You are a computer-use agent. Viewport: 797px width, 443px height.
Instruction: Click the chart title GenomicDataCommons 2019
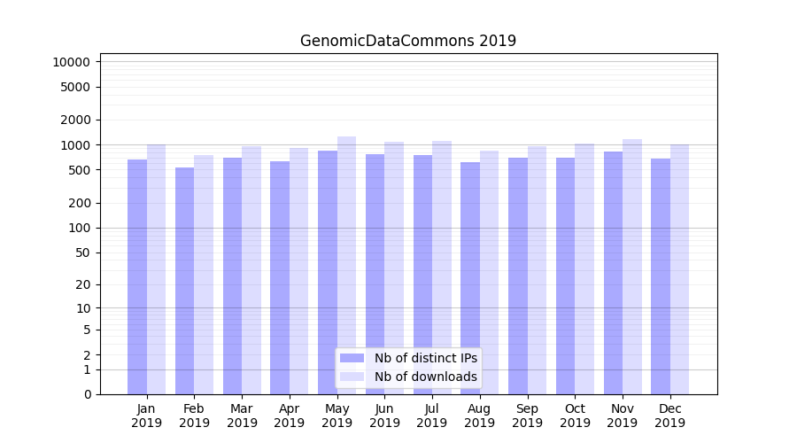click(407, 41)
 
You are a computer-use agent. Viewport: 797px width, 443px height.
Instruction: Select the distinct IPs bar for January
click(137, 276)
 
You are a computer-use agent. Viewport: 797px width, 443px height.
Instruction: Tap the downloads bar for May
click(347, 265)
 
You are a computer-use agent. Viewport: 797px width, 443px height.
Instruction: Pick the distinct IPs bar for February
click(184, 281)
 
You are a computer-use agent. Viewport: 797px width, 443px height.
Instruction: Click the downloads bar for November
click(632, 267)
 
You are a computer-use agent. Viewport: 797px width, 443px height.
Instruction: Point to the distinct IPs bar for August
click(470, 278)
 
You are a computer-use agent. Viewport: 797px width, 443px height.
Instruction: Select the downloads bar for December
click(680, 269)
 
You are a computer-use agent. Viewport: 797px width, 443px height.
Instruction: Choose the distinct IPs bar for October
click(565, 276)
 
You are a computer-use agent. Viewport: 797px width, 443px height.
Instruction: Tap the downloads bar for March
click(251, 270)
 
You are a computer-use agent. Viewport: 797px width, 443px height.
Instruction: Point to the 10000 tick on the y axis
click(71, 62)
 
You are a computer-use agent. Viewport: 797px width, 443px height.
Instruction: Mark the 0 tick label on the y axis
click(87, 394)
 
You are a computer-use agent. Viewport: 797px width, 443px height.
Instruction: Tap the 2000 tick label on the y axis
click(75, 120)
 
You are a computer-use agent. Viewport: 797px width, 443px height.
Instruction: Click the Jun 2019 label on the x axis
click(384, 416)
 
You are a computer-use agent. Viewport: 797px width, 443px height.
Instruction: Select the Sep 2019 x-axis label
click(527, 416)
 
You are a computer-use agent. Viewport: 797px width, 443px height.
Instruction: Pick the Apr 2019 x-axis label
click(290, 416)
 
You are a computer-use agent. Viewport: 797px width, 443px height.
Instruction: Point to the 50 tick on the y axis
click(82, 253)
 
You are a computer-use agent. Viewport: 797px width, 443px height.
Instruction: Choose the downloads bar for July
click(442, 268)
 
